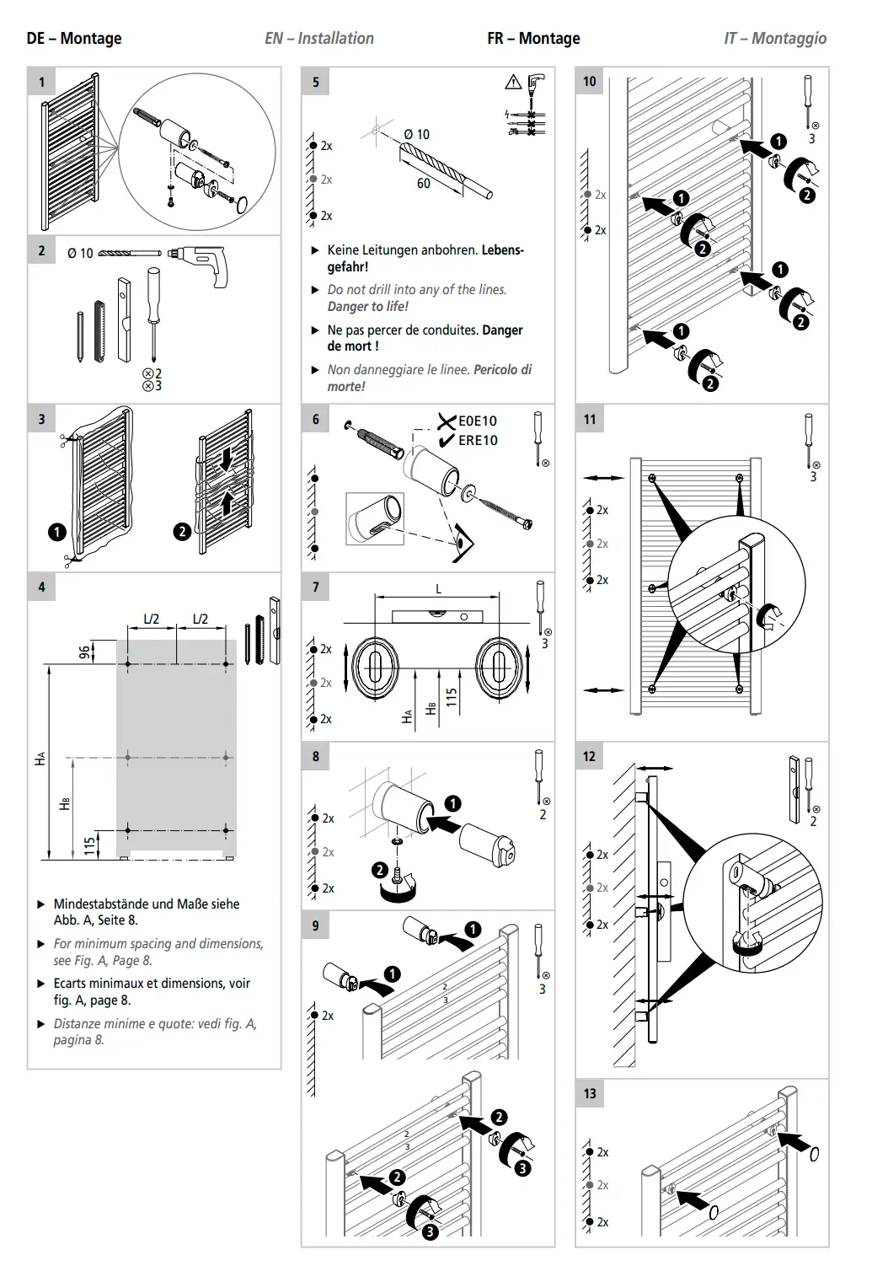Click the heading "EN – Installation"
319,39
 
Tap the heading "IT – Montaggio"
775,39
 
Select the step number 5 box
316,82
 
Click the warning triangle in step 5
513,83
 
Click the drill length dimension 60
424,183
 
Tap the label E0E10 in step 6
477,421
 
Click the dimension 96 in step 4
83,653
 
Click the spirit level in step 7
437,616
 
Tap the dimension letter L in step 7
438,589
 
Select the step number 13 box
590,1093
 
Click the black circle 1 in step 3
57,532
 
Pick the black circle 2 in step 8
379,871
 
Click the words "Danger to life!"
367,306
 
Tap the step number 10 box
590,82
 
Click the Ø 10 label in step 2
80,253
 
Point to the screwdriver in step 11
810,441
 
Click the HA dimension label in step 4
40,759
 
